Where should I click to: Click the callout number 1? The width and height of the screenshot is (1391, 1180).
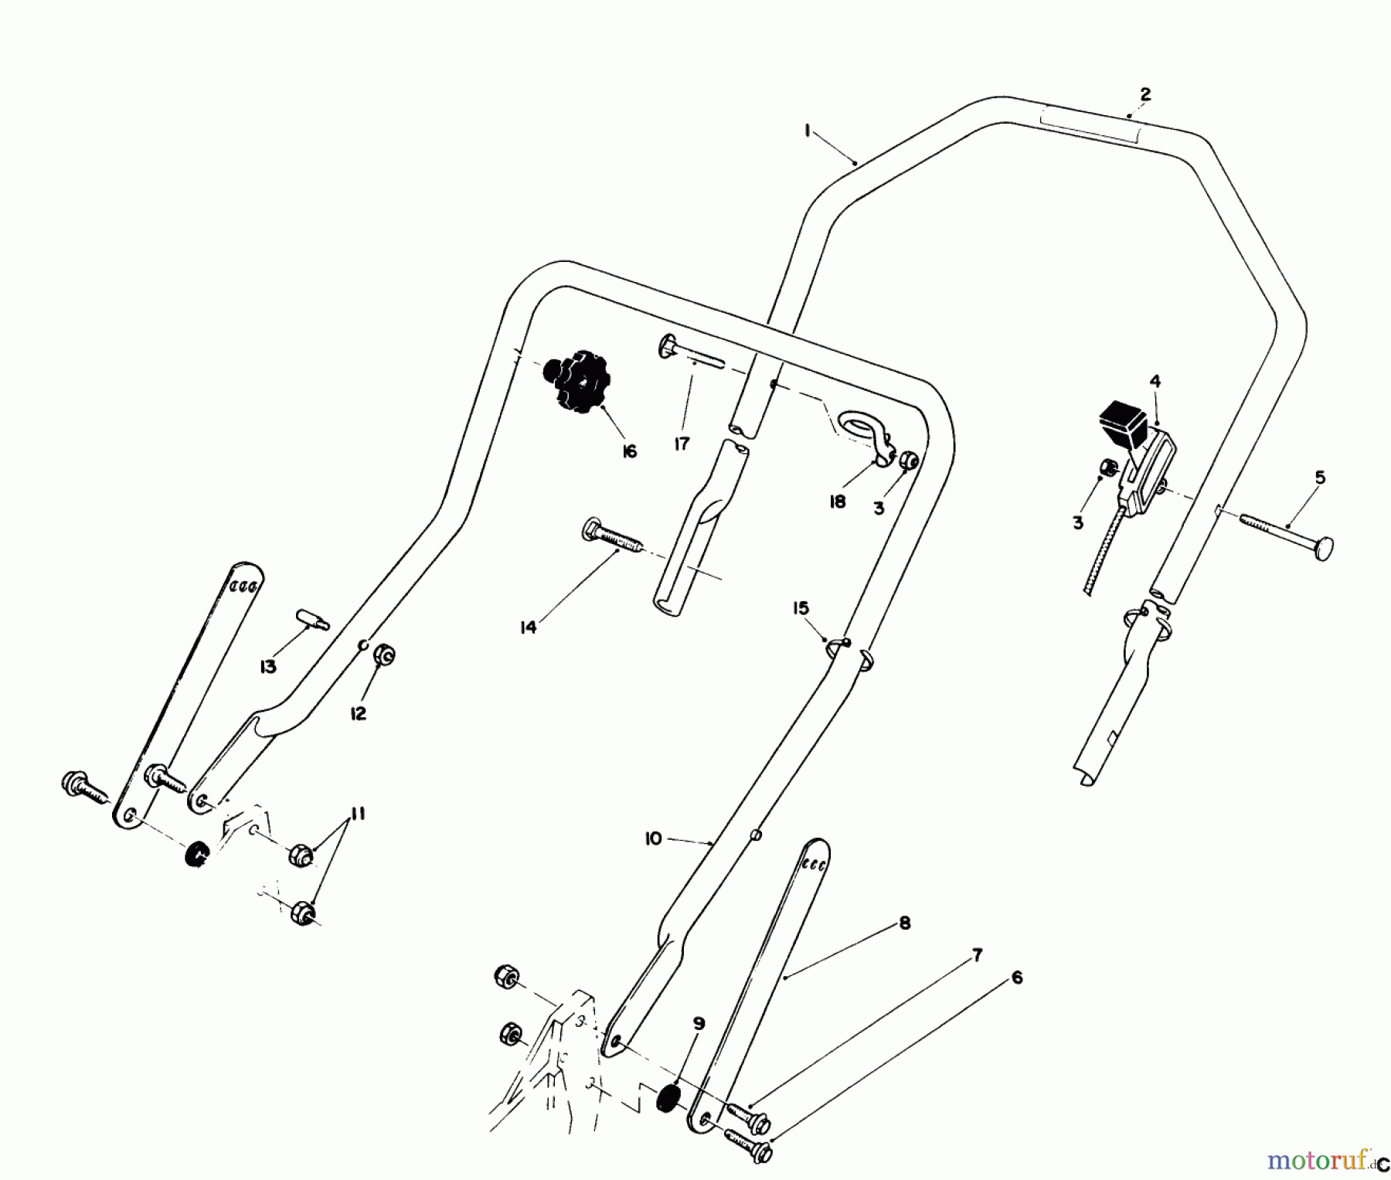[x=807, y=132]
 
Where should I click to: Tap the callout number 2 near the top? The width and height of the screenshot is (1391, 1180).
[x=1145, y=94]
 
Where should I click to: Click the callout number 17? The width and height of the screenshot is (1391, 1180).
[x=682, y=444]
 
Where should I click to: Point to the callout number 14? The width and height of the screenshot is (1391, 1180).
[x=528, y=627]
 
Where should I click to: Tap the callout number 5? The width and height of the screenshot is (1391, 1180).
[x=1320, y=478]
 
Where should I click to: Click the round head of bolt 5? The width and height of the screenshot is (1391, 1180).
[x=1322, y=548]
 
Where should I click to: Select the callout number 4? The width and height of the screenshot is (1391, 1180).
[x=1155, y=381]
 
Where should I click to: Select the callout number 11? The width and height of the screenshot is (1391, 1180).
[x=357, y=814]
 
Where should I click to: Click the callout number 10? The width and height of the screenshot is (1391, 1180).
[x=654, y=838]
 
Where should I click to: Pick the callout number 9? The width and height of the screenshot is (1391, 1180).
[x=699, y=1024]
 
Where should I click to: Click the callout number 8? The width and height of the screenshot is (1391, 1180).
[x=905, y=923]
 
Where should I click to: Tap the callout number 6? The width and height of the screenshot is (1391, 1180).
[x=1017, y=978]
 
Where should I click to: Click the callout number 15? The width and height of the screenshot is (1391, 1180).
[x=801, y=608]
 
